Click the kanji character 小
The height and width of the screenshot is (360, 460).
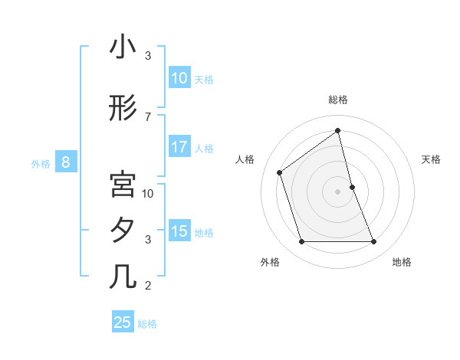pyautogui.click(x=123, y=47)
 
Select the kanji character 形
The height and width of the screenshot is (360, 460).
pyautogui.click(x=123, y=109)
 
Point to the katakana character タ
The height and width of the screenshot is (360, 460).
pyautogui.click(x=123, y=231)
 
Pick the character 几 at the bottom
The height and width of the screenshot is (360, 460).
pyautogui.click(x=123, y=277)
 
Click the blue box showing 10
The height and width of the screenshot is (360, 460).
pyautogui.click(x=179, y=78)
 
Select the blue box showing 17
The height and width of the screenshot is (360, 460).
pyautogui.click(x=179, y=147)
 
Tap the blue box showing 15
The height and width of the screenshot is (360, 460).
pyautogui.click(x=179, y=231)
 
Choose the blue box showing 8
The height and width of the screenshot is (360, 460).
pyautogui.click(x=66, y=162)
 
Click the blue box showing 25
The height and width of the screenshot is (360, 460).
pyautogui.click(x=123, y=322)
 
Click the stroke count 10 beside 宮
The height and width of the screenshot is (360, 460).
pyautogui.click(x=148, y=193)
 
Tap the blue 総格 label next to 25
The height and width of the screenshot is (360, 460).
pyautogui.click(x=148, y=324)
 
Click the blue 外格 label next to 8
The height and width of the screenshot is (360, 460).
pyautogui.click(x=41, y=163)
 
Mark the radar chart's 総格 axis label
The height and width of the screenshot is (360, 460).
pyautogui.click(x=338, y=100)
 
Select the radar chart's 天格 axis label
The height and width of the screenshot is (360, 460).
pyautogui.click(x=432, y=159)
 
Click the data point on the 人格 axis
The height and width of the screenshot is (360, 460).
pyautogui.click(x=280, y=172)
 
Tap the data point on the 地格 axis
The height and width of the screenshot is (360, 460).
pyautogui.click(x=374, y=242)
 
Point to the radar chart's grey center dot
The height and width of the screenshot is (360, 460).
pyautogui.click(x=338, y=191)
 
